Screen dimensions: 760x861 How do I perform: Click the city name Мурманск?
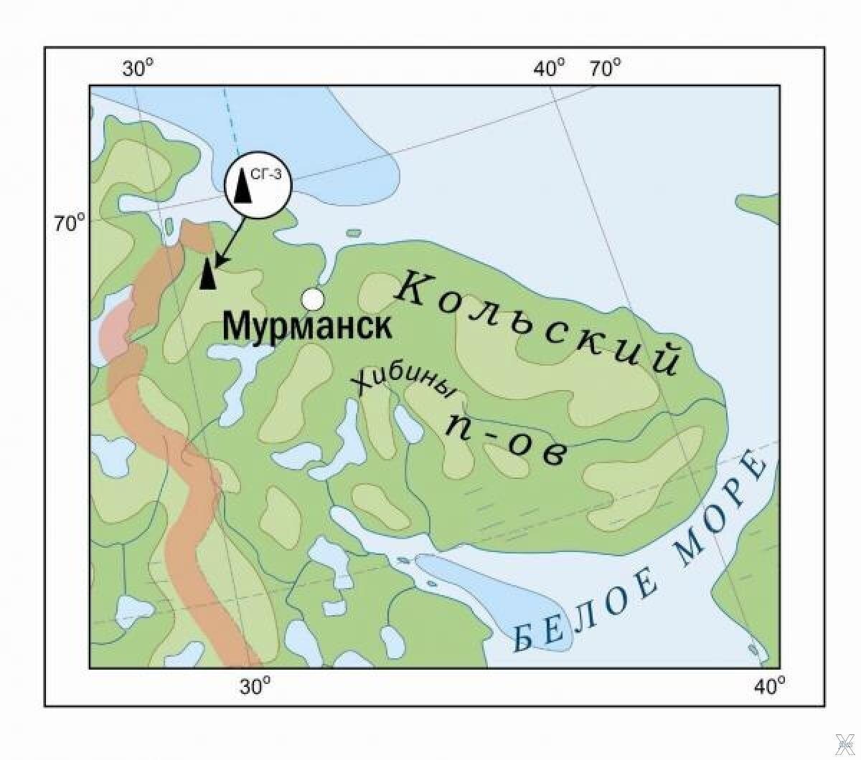point(307,326)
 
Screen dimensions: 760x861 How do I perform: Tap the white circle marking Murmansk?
point(312,298)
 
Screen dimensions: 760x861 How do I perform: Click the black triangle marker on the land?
point(207,275)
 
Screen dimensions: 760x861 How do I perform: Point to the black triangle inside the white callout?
point(244,189)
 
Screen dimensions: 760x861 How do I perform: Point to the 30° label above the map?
point(137,69)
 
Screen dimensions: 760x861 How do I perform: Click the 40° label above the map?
point(549,69)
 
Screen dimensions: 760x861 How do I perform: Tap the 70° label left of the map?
point(70,223)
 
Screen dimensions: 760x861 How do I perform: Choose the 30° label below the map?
point(255,686)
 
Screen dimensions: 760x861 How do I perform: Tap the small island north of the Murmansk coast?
point(353,233)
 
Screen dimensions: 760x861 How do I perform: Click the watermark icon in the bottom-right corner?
point(846,745)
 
